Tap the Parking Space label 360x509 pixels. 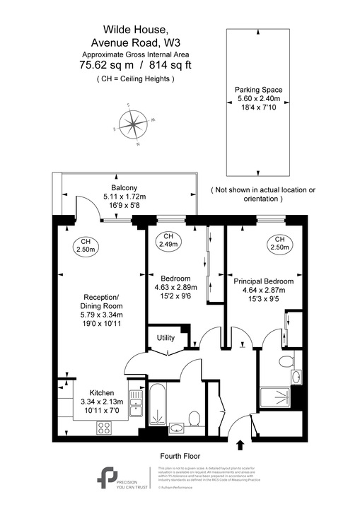click(258, 90)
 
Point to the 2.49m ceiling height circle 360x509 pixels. click(168, 240)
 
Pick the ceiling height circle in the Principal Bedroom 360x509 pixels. click(279, 243)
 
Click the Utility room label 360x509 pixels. click(166, 338)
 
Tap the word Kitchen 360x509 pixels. click(103, 393)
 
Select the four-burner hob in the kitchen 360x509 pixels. click(103, 427)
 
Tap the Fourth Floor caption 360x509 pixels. click(180, 457)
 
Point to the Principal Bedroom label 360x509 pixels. click(264, 281)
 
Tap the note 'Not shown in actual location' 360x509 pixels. click(263, 190)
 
